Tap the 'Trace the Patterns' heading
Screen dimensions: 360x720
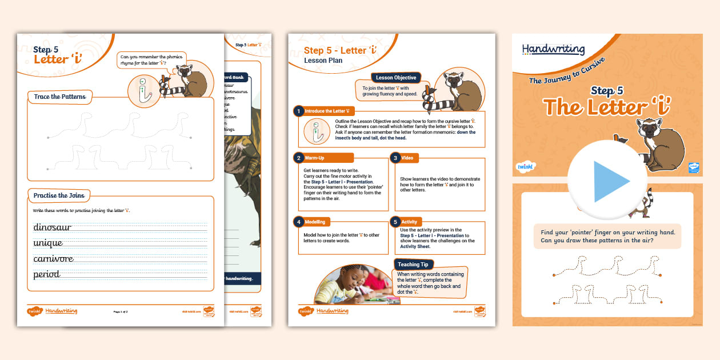(x=60, y=97)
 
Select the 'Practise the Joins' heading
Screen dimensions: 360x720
(x=59, y=195)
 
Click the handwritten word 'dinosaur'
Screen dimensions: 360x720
(x=53, y=227)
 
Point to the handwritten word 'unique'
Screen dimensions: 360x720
(x=48, y=243)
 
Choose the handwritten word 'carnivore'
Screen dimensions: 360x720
(x=54, y=259)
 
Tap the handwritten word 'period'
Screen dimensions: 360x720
(x=47, y=274)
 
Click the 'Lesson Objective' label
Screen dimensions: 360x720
(x=396, y=78)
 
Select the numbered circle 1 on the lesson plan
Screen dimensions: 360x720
(x=298, y=111)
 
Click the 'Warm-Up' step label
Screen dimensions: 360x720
(x=316, y=158)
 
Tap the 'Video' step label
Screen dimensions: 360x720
(x=407, y=158)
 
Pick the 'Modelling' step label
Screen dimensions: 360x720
(x=317, y=222)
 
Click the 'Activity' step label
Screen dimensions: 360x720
(x=409, y=222)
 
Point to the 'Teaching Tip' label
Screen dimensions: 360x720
(x=413, y=265)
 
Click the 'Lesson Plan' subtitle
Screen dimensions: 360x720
(x=323, y=61)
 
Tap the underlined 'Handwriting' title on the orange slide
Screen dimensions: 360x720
(x=553, y=50)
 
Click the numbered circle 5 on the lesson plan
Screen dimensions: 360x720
(x=394, y=222)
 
